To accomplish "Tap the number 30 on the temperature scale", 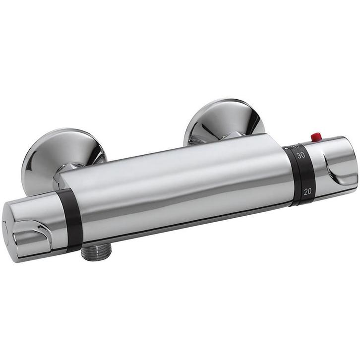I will [x=300, y=156].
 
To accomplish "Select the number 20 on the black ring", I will [x=307, y=191].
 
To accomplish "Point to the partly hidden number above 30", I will [x=297, y=146].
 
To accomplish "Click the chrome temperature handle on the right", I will [x=330, y=164].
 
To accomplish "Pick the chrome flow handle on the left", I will [x=35, y=228].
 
